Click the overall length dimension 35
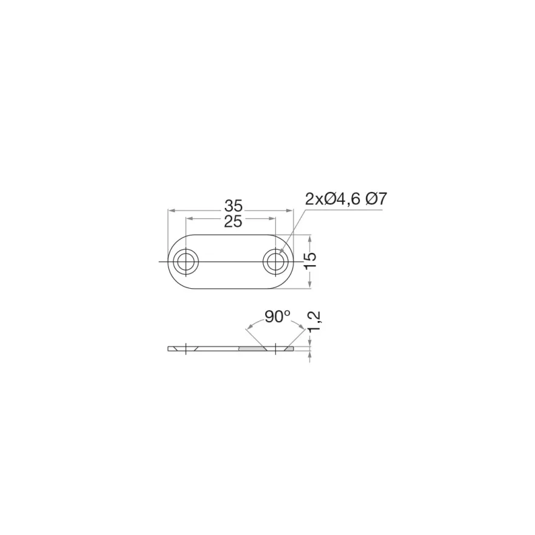click(x=233, y=206)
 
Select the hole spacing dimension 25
click(x=233, y=222)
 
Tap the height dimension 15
click(x=310, y=261)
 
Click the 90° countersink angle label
click(x=277, y=317)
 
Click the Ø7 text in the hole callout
click(x=376, y=199)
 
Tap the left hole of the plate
click(x=186, y=262)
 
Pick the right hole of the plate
click(x=275, y=262)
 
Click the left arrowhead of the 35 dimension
click(x=171, y=210)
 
